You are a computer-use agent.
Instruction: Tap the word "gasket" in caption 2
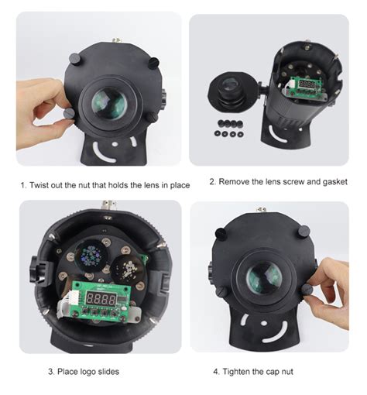(x=334, y=182)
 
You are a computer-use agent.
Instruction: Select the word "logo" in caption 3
(x=88, y=372)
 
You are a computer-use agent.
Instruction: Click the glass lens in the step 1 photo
(x=109, y=104)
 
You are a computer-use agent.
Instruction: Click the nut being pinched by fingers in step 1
(x=70, y=113)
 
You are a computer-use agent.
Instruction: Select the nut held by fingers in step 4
(x=307, y=290)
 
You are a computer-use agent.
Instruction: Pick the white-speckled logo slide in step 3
(x=128, y=270)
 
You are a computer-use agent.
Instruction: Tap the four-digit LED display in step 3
(x=101, y=299)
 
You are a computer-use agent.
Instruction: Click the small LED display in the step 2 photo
(x=307, y=84)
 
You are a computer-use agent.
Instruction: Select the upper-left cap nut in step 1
(x=75, y=60)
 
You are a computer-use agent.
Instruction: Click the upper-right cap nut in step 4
(x=303, y=232)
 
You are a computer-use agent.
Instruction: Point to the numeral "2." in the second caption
(x=213, y=182)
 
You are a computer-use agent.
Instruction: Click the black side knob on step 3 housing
(x=39, y=271)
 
